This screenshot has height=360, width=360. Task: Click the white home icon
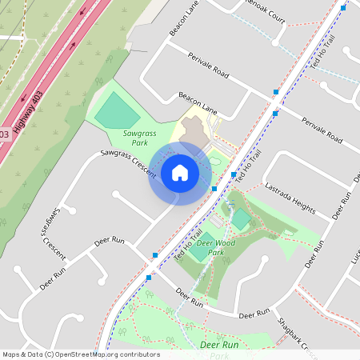[180, 173]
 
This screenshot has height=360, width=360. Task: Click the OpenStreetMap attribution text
[82, 354]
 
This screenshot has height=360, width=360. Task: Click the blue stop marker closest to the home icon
[214, 189]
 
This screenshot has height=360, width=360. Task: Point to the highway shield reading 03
[4, 134]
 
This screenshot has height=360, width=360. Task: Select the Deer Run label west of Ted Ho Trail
[110, 240]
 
